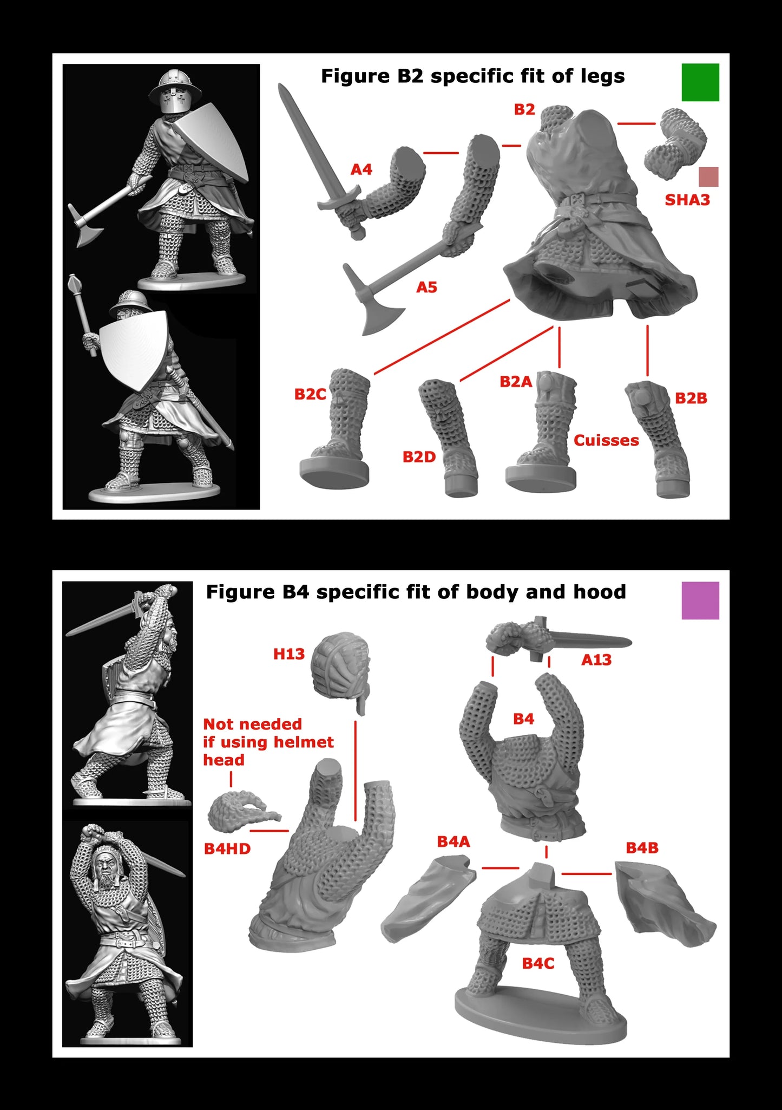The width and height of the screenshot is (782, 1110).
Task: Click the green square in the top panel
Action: [700, 82]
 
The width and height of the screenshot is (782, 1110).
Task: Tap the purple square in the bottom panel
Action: [700, 600]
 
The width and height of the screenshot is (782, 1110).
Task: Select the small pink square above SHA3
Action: [708, 177]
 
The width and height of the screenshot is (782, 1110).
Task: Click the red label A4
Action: [362, 170]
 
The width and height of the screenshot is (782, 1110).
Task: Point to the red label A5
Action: [426, 288]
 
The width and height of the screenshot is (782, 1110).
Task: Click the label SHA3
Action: [687, 200]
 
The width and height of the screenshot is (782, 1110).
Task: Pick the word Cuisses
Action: [606, 441]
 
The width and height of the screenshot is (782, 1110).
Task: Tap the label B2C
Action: [310, 394]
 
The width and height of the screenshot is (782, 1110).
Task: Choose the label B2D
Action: [419, 458]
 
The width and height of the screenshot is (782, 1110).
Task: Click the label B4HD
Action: [227, 849]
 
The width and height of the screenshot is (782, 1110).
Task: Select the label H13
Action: [289, 654]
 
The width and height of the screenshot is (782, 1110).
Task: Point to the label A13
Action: [596, 660]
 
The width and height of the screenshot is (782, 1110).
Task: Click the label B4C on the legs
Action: [538, 963]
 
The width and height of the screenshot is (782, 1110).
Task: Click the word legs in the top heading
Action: [603, 76]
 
